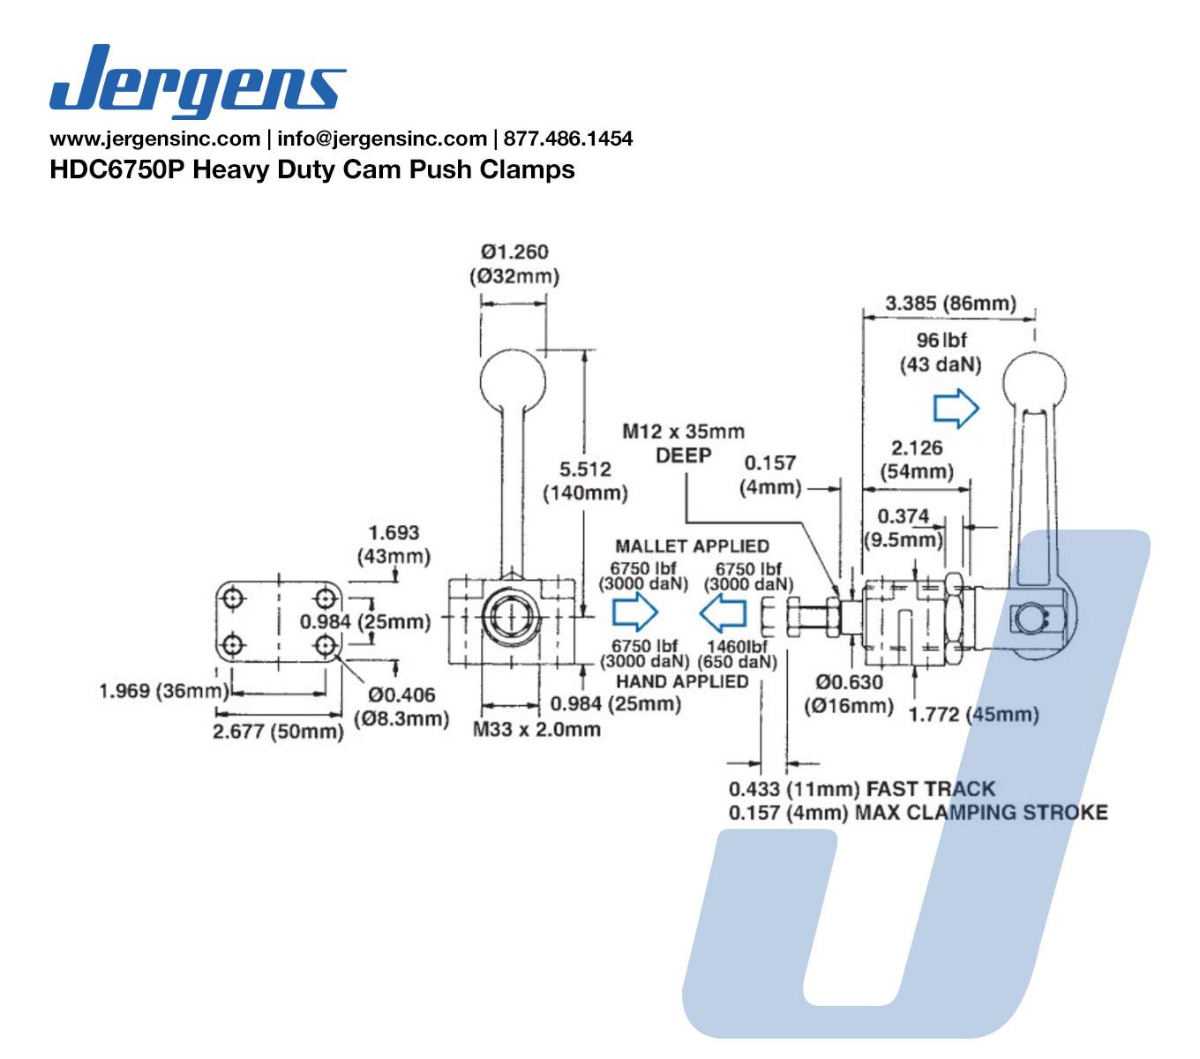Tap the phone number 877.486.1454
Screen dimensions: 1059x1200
(x=567, y=139)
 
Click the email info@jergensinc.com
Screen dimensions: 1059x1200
(x=381, y=139)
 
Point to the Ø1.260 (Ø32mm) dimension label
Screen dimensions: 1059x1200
(x=514, y=264)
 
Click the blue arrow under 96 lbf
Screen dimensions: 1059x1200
(x=956, y=409)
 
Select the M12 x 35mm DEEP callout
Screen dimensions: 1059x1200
(x=683, y=443)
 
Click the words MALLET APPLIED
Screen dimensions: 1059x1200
(x=692, y=546)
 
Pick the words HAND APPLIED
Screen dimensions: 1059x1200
(x=682, y=681)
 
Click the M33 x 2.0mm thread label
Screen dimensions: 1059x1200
(x=536, y=730)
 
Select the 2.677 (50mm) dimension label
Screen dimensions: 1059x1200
(x=278, y=731)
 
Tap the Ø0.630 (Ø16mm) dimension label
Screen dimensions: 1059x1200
(x=848, y=694)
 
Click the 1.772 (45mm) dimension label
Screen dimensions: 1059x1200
(x=973, y=714)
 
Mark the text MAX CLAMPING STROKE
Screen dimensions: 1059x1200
(x=980, y=812)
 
